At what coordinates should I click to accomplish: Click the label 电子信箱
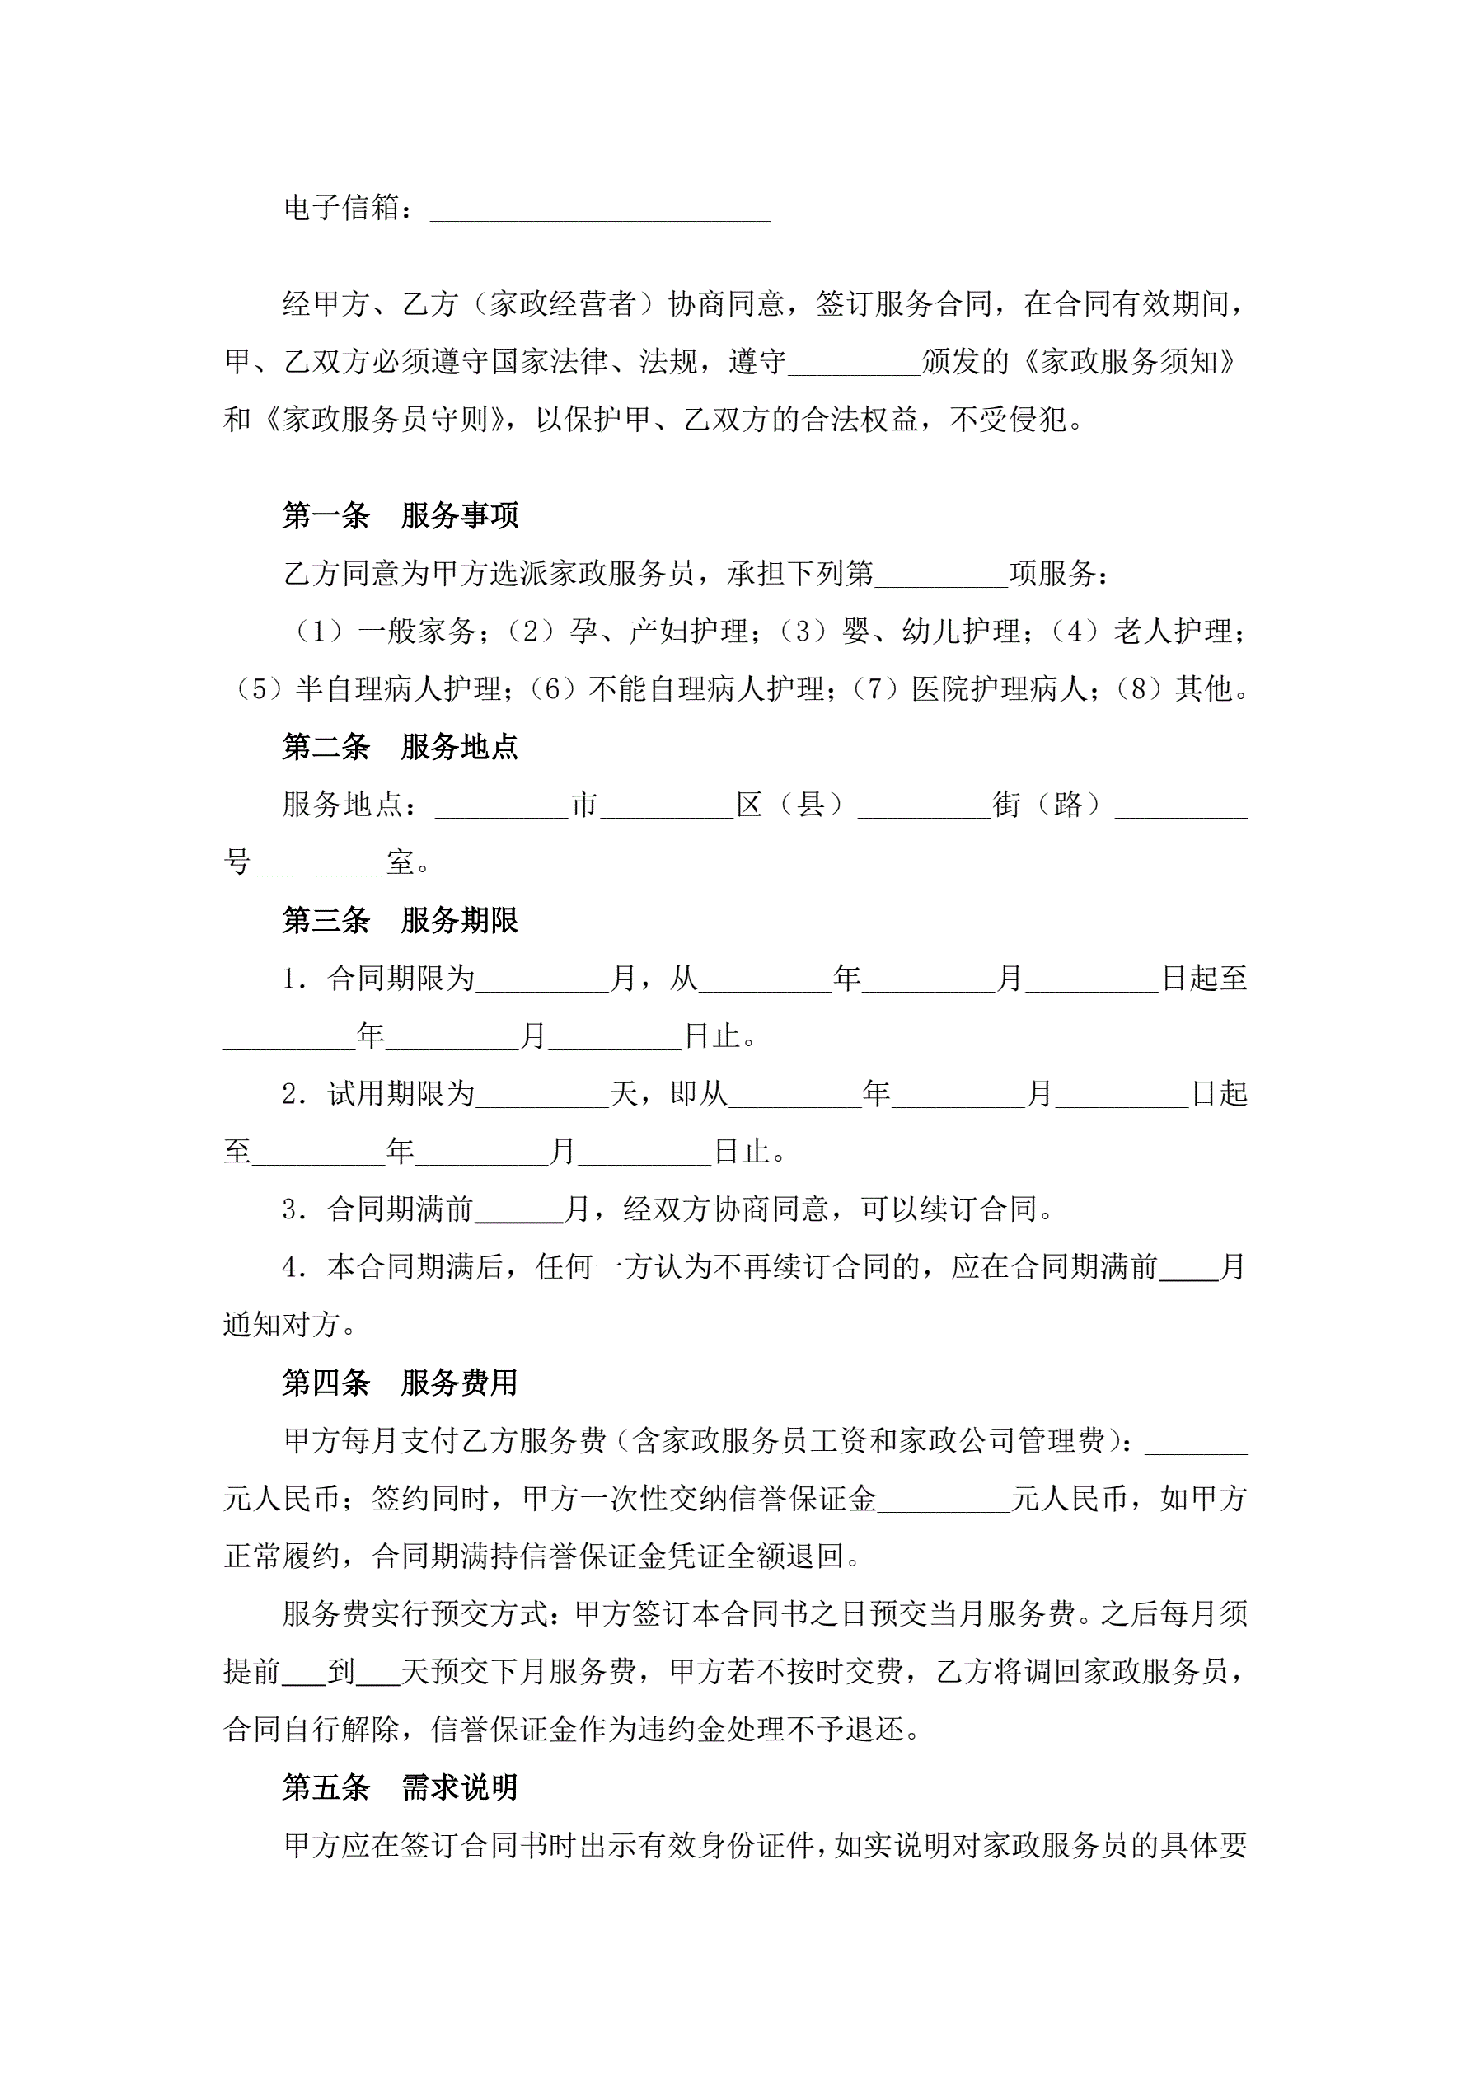pos(341,209)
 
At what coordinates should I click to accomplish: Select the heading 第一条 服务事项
pos(400,515)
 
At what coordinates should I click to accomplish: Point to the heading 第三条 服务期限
pos(400,920)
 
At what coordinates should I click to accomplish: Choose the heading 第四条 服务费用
pos(400,1383)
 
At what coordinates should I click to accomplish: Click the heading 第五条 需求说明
pos(400,1787)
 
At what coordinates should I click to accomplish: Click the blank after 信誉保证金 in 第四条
pos(944,1503)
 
